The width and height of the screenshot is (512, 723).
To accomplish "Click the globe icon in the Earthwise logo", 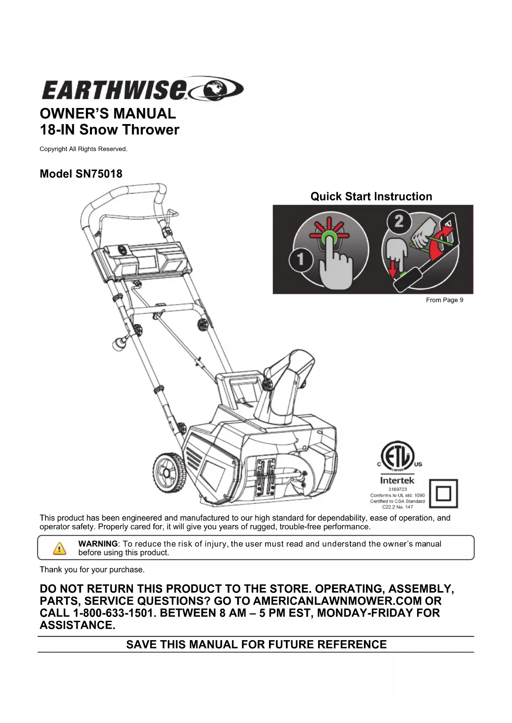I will pyautogui.click(x=216, y=88).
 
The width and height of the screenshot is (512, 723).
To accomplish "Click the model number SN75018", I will pyautogui.click(x=99, y=174).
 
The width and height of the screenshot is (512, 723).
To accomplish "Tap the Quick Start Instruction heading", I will pyautogui.click(x=371, y=197).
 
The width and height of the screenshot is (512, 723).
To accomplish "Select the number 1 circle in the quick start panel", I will pyautogui.click(x=300, y=259).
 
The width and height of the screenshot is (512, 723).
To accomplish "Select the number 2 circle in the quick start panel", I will pyautogui.click(x=398, y=221).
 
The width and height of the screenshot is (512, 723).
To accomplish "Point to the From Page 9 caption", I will pyautogui.click(x=444, y=300).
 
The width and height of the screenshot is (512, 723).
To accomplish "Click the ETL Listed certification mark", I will pyautogui.click(x=397, y=456).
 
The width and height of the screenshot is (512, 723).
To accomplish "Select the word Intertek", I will pyautogui.click(x=397, y=481).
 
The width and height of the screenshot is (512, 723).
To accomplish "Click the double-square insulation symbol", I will pyautogui.click(x=444, y=493).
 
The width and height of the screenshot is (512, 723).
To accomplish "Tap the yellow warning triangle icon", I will pyautogui.click(x=59, y=548).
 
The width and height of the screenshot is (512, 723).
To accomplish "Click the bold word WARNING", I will pyautogui.click(x=98, y=544).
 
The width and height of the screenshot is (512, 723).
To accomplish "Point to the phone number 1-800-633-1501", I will pyautogui.click(x=114, y=613).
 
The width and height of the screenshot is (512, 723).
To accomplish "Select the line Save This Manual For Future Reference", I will pyautogui.click(x=256, y=645).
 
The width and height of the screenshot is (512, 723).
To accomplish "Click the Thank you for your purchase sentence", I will pyautogui.click(x=92, y=570).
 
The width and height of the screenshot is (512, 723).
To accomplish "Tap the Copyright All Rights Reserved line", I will pyautogui.click(x=83, y=149).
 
